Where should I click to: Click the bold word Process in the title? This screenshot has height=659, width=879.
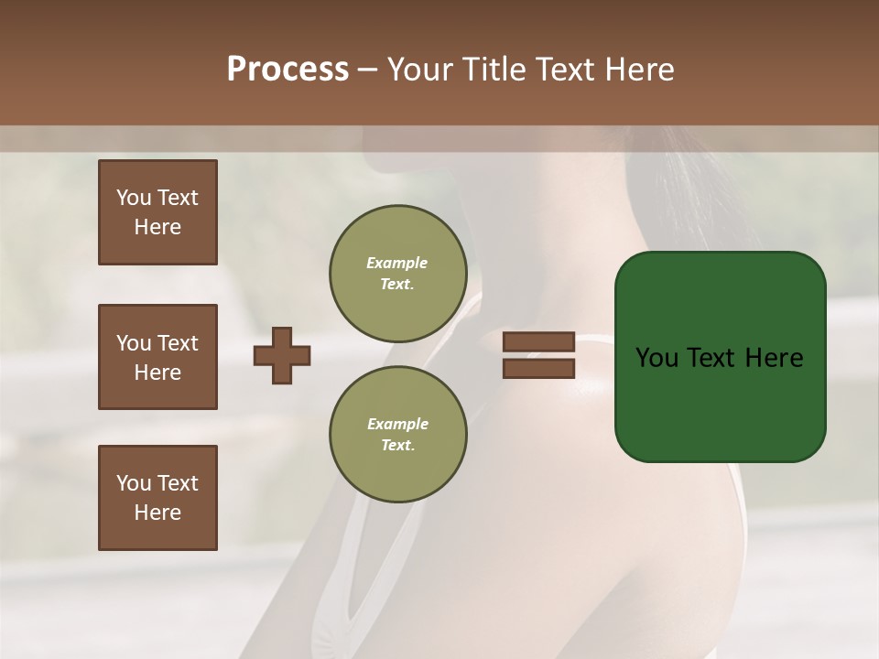click(288, 70)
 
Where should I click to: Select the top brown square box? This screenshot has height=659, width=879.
click(157, 212)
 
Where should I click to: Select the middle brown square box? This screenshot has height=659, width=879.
click(157, 357)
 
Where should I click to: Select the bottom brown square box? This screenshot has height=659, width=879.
click(157, 498)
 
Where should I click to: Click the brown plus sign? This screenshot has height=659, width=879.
click(282, 356)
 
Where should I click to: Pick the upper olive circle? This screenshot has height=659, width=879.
click(398, 274)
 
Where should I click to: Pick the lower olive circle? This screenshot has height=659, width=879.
click(398, 435)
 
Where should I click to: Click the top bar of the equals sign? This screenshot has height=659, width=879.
click(539, 342)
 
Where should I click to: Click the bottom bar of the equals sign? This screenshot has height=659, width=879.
click(539, 369)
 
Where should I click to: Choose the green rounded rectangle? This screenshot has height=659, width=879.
click(720, 357)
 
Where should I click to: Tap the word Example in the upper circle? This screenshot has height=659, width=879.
click(397, 263)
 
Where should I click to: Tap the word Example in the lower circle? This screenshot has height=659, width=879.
click(397, 424)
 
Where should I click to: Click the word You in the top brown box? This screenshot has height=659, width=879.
click(134, 198)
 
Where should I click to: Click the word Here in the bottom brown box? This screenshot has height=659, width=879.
click(157, 513)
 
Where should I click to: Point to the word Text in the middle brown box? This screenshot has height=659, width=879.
click(177, 343)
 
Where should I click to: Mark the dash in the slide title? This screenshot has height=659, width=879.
click(367, 70)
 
